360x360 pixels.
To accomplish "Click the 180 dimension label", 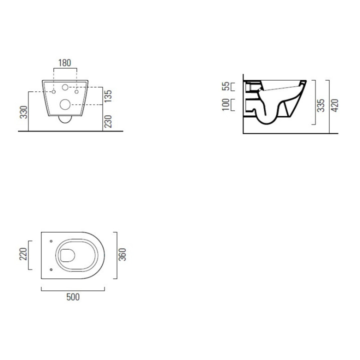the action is pyautogui.click(x=64, y=62).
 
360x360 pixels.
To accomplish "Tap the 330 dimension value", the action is pyautogui.click(x=23, y=112).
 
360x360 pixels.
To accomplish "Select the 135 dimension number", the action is pyautogui.click(x=108, y=96).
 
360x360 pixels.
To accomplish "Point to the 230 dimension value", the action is pyautogui.click(x=108, y=121).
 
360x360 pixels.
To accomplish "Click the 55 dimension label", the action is pyautogui.click(x=226, y=86).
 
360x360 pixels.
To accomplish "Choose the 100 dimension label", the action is pyautogui.click(x=226, y=104).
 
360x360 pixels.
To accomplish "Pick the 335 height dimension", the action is pyautogui.click(x=320, y=105).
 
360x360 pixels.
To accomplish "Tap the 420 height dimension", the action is pyautogui.click(x=335, y=105).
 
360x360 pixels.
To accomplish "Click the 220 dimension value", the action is pyautogui.click(x=23, y=254).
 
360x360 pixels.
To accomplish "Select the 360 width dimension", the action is pyautogui.click(x=122, y=254).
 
